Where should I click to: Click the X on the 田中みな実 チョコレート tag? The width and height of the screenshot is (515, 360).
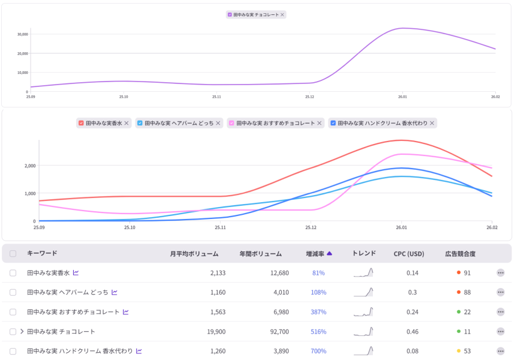point(282,14)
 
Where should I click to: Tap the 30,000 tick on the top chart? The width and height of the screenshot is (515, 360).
point(23,34)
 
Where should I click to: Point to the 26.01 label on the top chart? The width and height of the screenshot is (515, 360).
point(402,97)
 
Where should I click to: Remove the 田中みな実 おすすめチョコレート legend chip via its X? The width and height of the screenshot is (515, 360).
point(320,123)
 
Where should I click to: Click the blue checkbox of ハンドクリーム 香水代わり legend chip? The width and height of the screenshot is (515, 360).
point(333,123)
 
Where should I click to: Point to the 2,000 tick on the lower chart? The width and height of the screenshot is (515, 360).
point(29,166)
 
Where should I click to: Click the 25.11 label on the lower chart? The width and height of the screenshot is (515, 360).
point(220,227)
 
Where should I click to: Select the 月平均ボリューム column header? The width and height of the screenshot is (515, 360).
point(194,254)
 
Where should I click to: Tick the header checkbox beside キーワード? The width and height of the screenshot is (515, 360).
point(13,254)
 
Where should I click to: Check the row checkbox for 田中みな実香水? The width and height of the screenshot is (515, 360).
point(13,273)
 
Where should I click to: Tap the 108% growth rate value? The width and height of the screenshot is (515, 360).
point(318,292)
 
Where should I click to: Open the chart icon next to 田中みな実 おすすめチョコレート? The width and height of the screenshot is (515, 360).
point(126,312)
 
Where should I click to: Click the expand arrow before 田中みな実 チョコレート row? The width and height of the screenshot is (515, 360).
point(22,331)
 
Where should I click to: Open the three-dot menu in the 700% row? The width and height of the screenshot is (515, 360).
point(501,351)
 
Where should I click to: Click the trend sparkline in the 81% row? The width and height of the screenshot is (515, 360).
point(363,273)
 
